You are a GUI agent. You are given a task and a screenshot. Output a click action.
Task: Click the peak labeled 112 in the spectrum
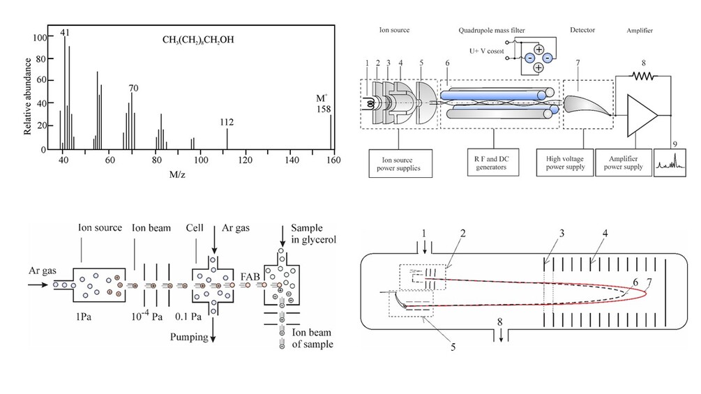(x=227, y=139)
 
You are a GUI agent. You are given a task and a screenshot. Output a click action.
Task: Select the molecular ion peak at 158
(x=331, y=132)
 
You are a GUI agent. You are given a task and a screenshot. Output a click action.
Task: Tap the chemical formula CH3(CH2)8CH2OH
(x=198, y=40)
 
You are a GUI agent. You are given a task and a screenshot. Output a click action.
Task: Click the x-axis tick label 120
(x=246, y=160)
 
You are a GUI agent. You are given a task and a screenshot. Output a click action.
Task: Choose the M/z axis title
(x=177, y=174)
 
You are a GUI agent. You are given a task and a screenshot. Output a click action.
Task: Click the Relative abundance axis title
(x=28, y=96)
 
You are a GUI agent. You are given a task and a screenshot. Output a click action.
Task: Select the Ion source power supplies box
(x=400, y=163)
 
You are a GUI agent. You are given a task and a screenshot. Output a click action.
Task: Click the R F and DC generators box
(x=493, y=162)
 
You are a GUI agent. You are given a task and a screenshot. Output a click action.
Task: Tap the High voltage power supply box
(x=565, y=162)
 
